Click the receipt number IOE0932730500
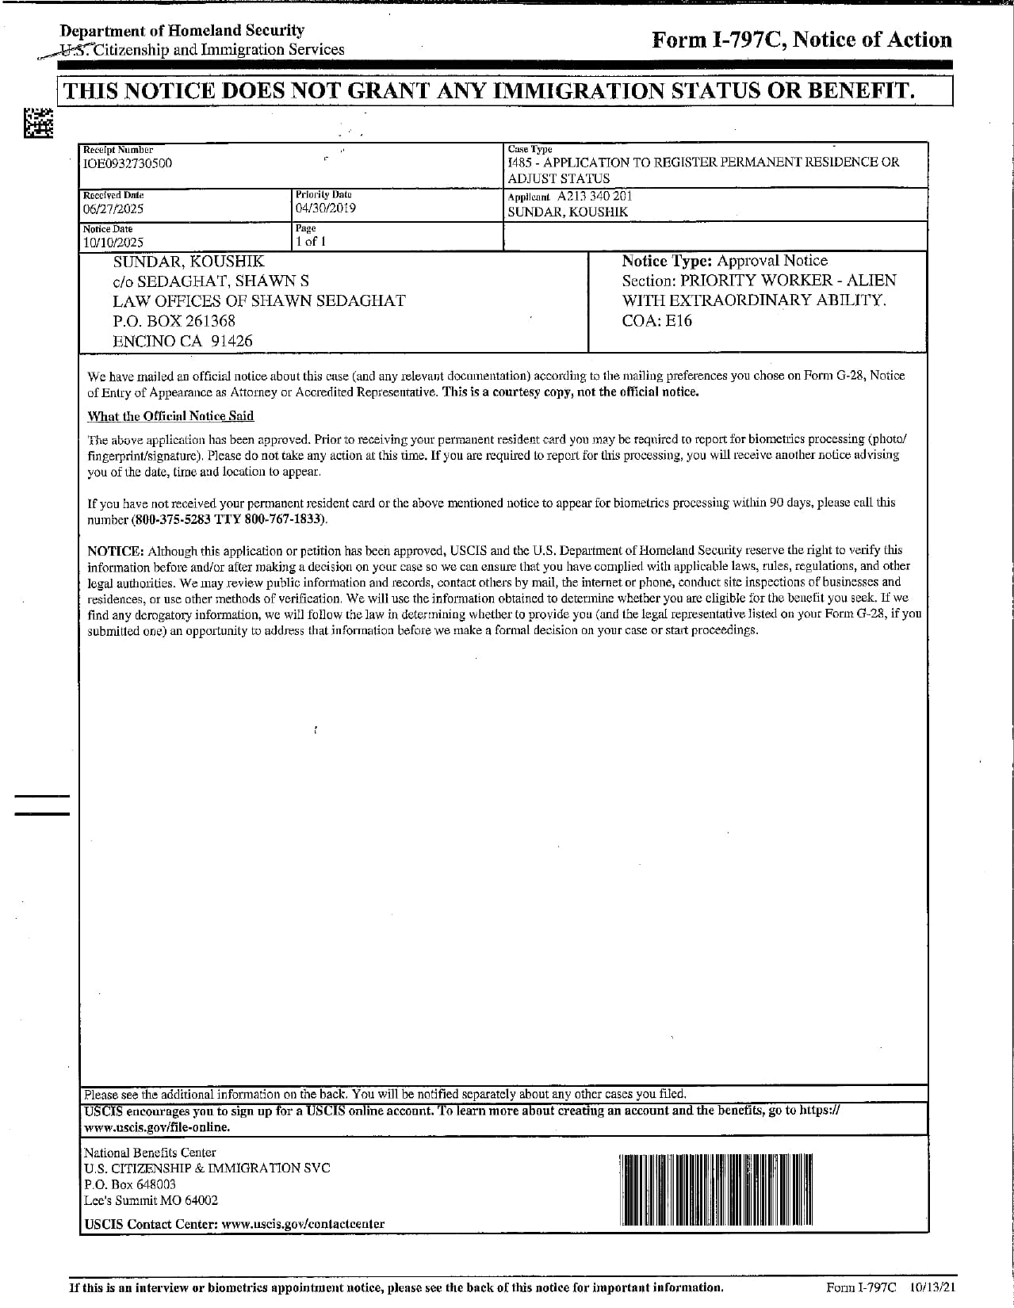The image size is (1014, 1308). [x=128, y=163]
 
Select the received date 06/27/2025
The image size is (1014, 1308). [x=113, y=209]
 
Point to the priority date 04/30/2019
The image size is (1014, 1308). [x=325, y=208]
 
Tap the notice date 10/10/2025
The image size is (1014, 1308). [x=113, y=243]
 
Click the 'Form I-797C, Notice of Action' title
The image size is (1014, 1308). [x=801, y=40]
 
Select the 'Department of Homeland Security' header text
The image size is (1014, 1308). [x=182, y=30]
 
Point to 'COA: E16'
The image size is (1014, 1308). [x=656, y=320]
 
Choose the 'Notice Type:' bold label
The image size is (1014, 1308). [x=667, y=261]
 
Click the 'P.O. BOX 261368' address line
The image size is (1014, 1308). [x=174, y=321]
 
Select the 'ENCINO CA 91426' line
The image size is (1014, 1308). [x=182, y=342]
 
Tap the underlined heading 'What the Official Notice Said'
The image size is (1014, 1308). [x=170, y=416]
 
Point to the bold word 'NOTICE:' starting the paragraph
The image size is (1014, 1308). [x=116, y=550]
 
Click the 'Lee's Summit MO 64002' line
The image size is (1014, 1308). [x=151, y=1200]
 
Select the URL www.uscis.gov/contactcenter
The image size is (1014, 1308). [x=303, y=1223]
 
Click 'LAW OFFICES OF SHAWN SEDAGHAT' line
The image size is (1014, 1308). [x=258, y=300]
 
